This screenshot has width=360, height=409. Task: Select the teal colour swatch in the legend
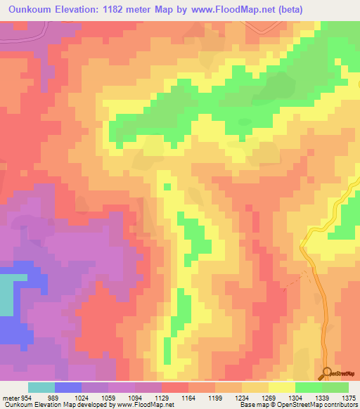click(x=41, y=387)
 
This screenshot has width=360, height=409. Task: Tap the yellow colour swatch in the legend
click(x=281, y=387)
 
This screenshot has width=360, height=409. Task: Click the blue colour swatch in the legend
click(x=68, y=387)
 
